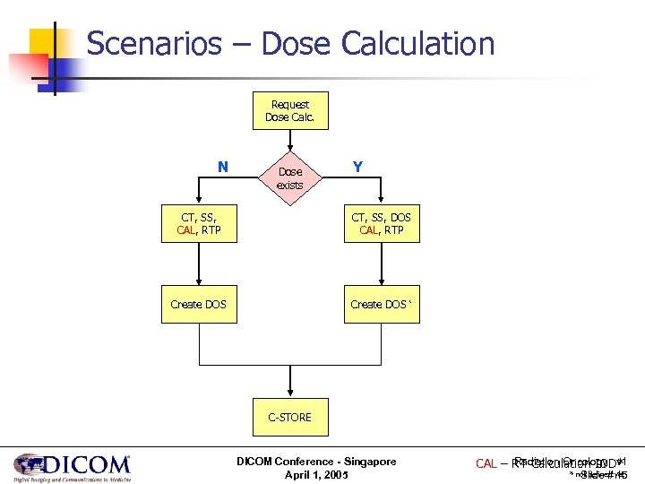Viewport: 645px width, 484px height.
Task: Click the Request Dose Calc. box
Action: tap(289, 110)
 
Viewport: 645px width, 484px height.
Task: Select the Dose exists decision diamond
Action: tap(289, 177)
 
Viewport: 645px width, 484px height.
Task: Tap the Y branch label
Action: tap(357, 167)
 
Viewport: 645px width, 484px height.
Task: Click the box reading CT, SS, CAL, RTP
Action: tap(198, 223)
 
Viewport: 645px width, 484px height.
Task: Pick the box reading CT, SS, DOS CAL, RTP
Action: tap(381, 223)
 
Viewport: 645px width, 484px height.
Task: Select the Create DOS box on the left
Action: tap(198, 304)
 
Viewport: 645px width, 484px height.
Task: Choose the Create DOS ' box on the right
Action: tap(381, 304)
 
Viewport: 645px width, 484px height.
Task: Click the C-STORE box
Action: tap(289, 417)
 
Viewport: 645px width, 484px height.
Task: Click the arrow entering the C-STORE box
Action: tap(289, 381)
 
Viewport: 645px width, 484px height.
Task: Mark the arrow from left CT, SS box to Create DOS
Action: tap(198, 264)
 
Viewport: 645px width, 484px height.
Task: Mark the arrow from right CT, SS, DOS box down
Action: tap(381, 264)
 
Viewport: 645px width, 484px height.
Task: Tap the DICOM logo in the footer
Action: tap(72, 466)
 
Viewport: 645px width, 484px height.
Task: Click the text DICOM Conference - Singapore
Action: tap(316, 461)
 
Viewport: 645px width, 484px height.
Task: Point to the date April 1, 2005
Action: tap(316, 473)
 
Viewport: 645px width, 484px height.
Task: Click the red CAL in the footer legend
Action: tap(486, 463)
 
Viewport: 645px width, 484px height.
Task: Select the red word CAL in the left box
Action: tap(186, 230)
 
